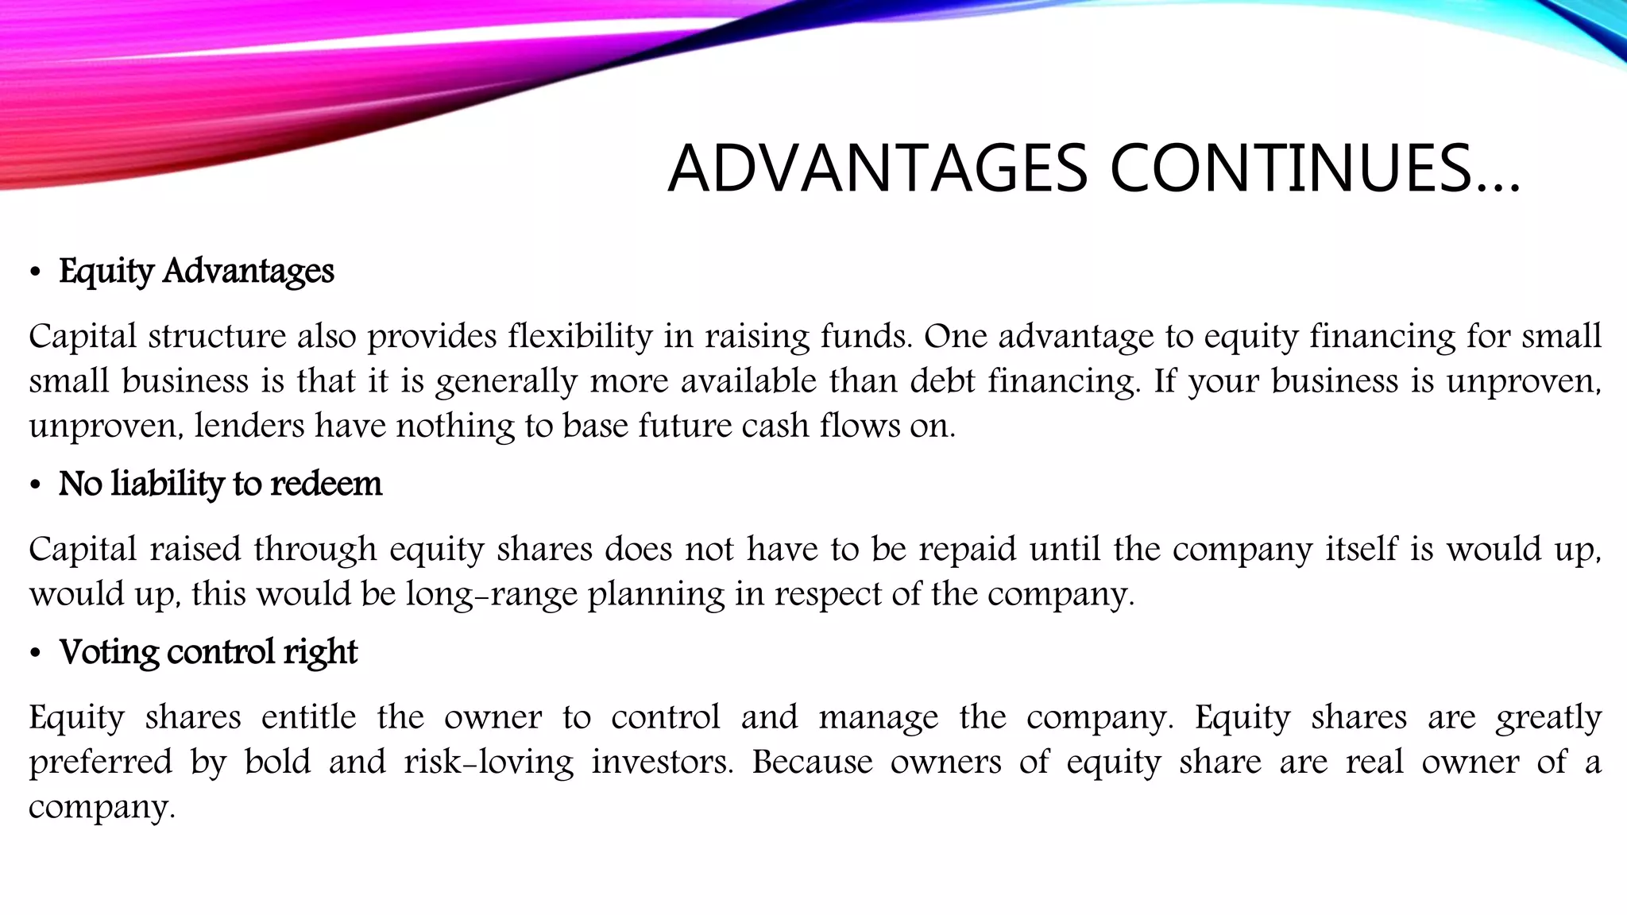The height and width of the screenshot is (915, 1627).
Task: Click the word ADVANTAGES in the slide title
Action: [878, 168]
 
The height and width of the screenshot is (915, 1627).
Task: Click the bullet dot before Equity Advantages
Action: [34, 273]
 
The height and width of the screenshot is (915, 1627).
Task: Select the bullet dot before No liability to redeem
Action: [34, 485]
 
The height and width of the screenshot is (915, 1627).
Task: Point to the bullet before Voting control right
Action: [34, 654]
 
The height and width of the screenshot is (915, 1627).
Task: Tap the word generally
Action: [506, 382]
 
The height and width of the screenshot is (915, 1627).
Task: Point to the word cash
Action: [775, 426]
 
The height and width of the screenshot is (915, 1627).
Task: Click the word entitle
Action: [309, 717]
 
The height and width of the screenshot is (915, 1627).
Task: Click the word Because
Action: [812, 762]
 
